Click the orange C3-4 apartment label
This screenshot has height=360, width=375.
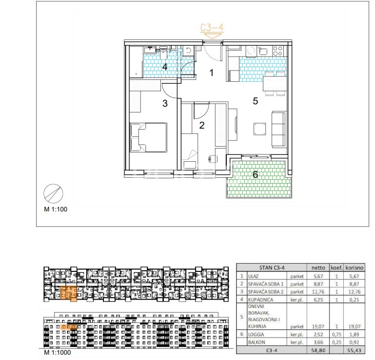point(212,28)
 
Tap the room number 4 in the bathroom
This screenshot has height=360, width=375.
point(165,67)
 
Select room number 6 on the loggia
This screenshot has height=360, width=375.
point(255,174)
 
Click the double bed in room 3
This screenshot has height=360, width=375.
point(148,137)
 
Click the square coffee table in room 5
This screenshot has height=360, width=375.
point(260,129)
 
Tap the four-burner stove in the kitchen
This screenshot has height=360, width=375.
point(277,51)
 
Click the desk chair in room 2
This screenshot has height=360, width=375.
point(213,159)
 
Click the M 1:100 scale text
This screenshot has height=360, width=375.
point(56,209)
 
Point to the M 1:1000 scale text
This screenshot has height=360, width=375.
point(58,352)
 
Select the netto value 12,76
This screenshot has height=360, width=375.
point(318,292)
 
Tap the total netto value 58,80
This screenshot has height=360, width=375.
point(318,351)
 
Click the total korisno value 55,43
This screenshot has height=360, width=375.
point(354,351)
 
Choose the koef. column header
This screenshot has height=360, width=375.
point(336,268)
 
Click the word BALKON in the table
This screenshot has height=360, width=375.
point(257,342)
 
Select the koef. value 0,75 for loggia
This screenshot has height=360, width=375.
point(336,335)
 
